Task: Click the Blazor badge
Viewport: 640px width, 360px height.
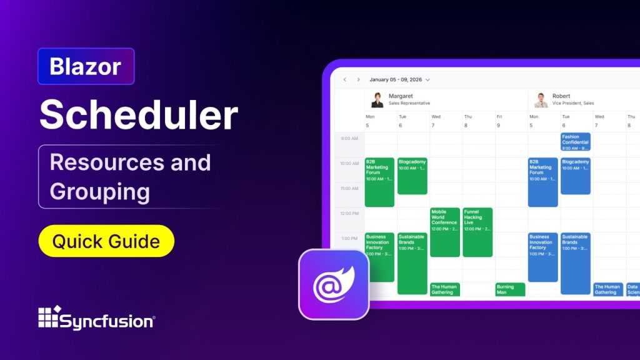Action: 86,66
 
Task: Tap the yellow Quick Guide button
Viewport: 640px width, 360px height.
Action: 106,241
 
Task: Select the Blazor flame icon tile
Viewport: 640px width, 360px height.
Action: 334,284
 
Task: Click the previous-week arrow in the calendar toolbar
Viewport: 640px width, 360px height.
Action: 344,80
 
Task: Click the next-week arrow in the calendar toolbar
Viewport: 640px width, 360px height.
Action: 358,80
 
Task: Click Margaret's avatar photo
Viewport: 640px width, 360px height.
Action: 377,99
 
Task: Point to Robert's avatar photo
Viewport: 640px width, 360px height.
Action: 541,99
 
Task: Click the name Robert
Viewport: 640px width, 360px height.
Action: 561,96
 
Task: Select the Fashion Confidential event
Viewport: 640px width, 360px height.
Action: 575,142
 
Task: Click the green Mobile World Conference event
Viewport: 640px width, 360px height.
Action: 444,232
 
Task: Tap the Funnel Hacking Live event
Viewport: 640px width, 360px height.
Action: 477,232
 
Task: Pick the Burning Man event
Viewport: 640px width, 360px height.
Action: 510,289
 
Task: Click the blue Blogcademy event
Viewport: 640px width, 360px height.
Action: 575,176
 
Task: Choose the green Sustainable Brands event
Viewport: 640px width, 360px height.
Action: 412,263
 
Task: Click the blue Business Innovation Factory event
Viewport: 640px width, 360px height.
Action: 542,257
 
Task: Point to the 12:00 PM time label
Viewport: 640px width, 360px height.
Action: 350,214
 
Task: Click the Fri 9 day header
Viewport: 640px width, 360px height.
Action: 499,121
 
